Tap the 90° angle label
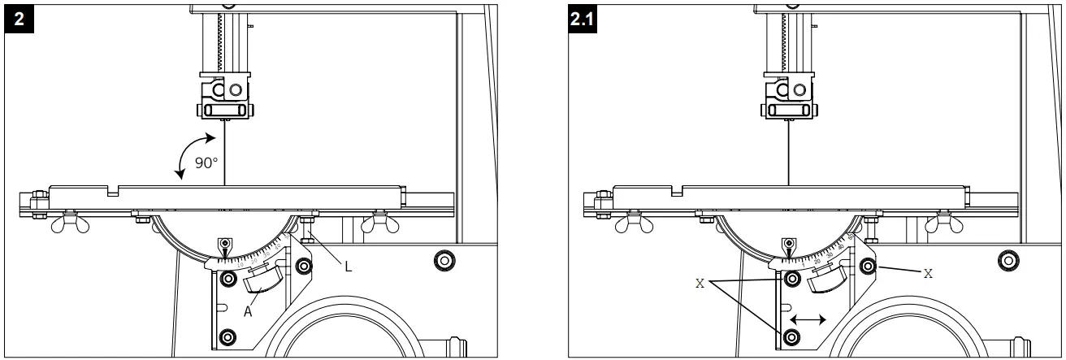coord(206,163)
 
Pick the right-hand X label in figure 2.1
coord(927,274)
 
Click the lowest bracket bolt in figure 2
coord(227,336)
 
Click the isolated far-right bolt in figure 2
coord(444,262)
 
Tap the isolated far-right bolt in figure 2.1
coord(1007,262)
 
